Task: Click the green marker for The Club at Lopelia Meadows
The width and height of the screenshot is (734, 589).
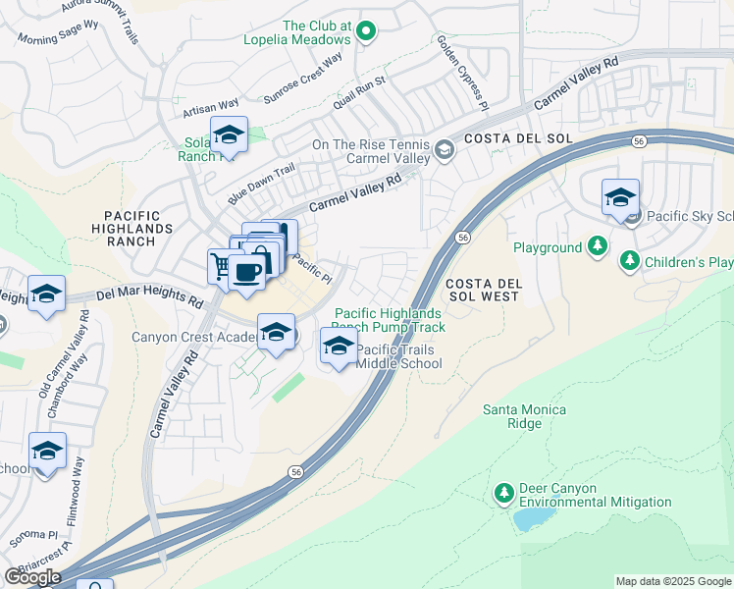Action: click(x=366, y=31)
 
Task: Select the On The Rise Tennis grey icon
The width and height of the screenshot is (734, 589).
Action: click(x=445, y=149)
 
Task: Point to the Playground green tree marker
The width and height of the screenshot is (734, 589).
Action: click(x=597, y=247)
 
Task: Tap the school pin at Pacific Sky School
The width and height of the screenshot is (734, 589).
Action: click(x=620, y=198)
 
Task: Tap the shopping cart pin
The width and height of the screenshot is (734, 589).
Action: click(x=224, y=266)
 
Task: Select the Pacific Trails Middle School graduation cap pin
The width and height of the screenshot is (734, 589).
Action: click(x=339, y=347)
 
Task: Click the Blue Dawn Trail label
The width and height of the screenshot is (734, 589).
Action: click(x=262, y=180)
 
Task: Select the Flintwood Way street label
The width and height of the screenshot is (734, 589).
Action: click(x=77, y=478)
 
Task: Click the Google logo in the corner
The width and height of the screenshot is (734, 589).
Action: click(x=32, y=576)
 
